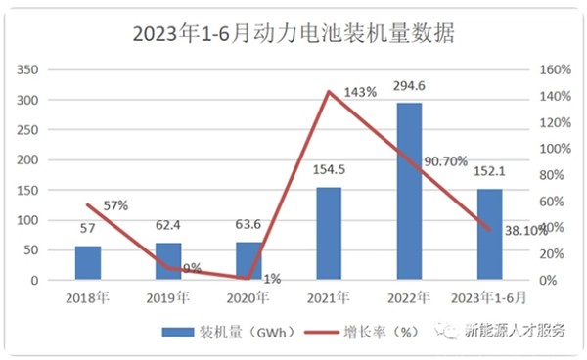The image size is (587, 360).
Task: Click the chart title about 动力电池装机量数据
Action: pyautogui.click(x=293, y=34)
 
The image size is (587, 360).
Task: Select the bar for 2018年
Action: pyautogui.click(x=87, y=263)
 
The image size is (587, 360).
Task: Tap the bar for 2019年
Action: pyautogui.click(x=168, y=261)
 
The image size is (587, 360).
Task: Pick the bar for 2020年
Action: pyautogui.click(x=248, y=261)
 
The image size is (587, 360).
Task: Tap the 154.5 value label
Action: pyautogui.click(x=329, y=171)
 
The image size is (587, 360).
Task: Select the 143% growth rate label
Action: pyautogui.click(x=361, y=92)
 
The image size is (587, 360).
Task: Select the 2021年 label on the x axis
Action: pyautogui.click(x=329, y=296)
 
